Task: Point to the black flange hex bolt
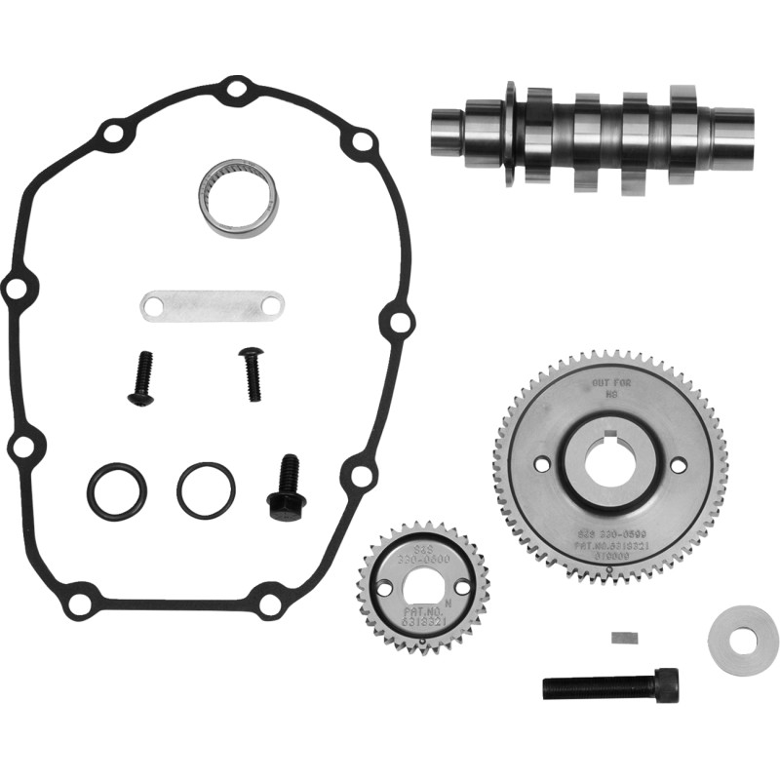tap(287, 488)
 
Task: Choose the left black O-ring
tap(116, 490)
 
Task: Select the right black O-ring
tap(206, 489)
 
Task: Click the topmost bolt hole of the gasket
tap(235, 92)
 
